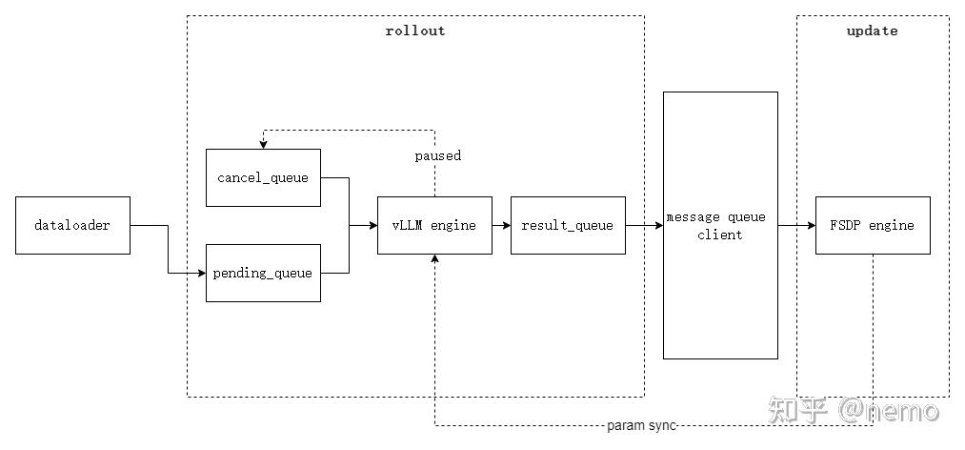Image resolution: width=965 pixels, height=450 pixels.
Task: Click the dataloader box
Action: [72, 226]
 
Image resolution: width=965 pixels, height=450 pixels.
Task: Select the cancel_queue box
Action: [263, 177]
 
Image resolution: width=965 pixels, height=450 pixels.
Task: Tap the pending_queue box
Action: [263, 273]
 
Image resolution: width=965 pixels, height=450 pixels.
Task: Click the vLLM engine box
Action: [434, 226]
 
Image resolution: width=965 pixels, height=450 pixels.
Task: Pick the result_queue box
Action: [568, 226]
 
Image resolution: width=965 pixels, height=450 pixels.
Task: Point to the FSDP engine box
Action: [873, 226]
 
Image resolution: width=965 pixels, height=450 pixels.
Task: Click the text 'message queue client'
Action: [720, 226]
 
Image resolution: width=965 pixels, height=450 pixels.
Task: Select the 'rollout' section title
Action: [414, 31]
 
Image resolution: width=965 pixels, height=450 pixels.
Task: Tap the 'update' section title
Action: [872, 31]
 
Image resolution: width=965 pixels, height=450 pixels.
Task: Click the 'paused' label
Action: [437, 155]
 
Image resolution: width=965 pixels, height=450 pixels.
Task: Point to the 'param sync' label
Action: [641, 425]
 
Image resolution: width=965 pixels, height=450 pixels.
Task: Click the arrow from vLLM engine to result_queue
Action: [501, 226]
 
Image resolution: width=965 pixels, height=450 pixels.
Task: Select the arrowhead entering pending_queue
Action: [201, 274]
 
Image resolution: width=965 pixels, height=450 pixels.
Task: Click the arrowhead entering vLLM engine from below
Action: [435, 260]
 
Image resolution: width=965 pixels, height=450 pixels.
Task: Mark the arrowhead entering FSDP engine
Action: [811, 226]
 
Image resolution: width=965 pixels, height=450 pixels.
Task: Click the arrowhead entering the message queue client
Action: [658, 226]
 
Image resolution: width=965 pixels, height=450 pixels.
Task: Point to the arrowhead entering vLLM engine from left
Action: [372, 226]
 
